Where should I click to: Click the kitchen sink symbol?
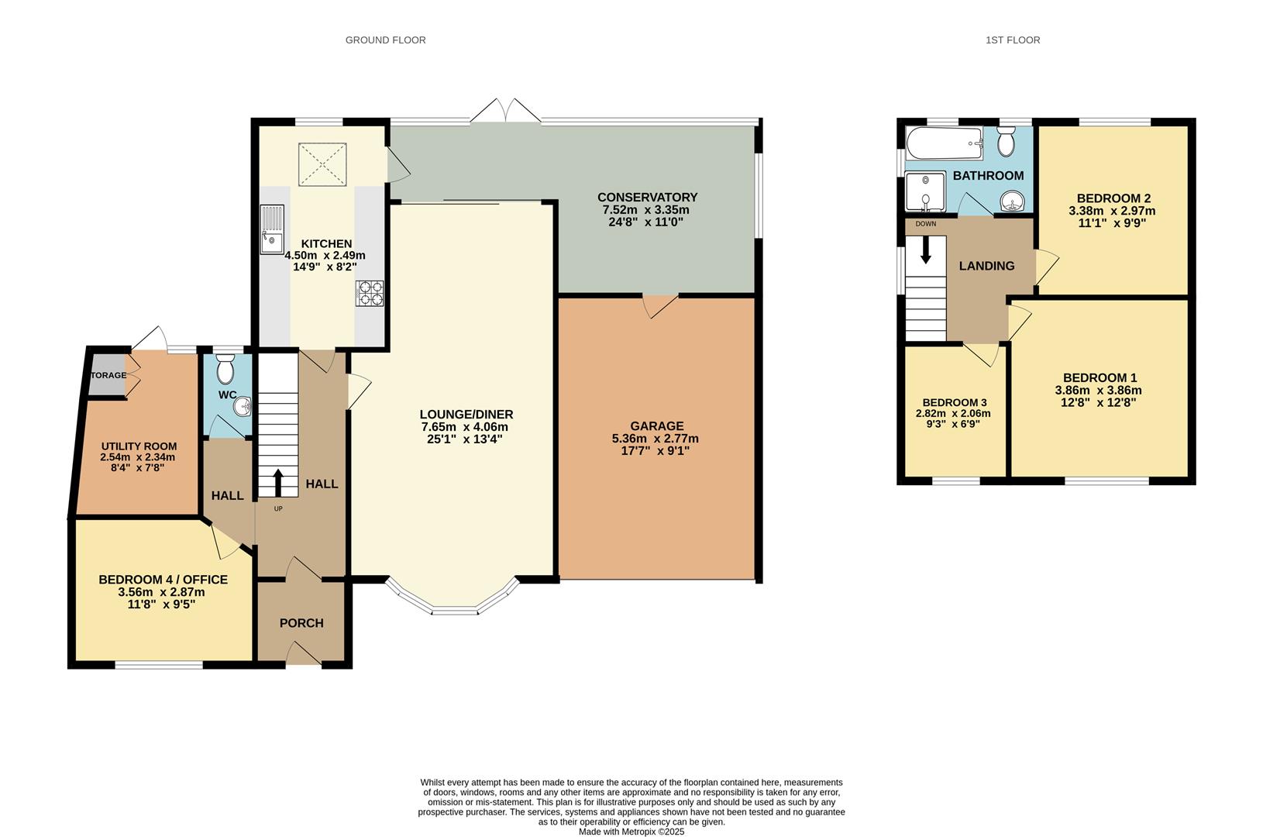click(x=273, y=229)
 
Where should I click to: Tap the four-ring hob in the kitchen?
click(x=370, y=294)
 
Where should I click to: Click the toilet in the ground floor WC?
click(x=225, y=370)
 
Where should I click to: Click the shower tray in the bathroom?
click(x=925, y=191)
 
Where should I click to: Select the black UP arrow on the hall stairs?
click(x=278, y=481)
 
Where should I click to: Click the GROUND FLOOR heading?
click(x=385, y=40)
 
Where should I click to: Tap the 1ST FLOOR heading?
click(x=1013, y=40)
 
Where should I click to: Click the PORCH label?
click(x=301, y=623)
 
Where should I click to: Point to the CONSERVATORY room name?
click(x=647, y=197)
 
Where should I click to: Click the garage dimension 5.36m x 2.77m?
click(x=655, y=438)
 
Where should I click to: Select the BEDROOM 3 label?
click(x=954, y=402)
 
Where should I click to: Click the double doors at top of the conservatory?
click(x=506, y=111)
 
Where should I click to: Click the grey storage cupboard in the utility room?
click(x=106, y=375)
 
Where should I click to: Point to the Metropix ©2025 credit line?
click(x=631, y=832)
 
